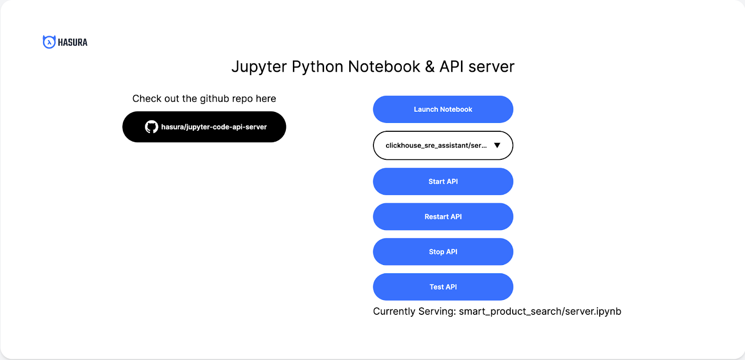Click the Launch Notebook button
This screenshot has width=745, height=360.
[443, 109]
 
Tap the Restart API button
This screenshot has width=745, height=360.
[443, 217]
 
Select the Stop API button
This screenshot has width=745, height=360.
[443, 252]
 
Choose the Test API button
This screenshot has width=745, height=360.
[443, 287]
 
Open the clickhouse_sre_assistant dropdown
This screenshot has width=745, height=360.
[443, 145]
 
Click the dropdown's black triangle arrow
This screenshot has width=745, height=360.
[497, 145]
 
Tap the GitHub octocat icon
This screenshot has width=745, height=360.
[151, 127]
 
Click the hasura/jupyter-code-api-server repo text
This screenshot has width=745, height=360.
[214, 127]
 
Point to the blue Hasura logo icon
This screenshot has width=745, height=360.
[49, 42]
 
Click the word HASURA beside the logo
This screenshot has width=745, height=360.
[73, 42]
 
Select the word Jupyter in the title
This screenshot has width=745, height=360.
[259, 67]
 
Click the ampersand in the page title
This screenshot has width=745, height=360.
[430, 67]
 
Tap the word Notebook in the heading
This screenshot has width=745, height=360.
[384, 67]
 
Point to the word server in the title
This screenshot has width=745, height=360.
[492, 67]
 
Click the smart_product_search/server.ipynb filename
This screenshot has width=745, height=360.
[540, 312]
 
